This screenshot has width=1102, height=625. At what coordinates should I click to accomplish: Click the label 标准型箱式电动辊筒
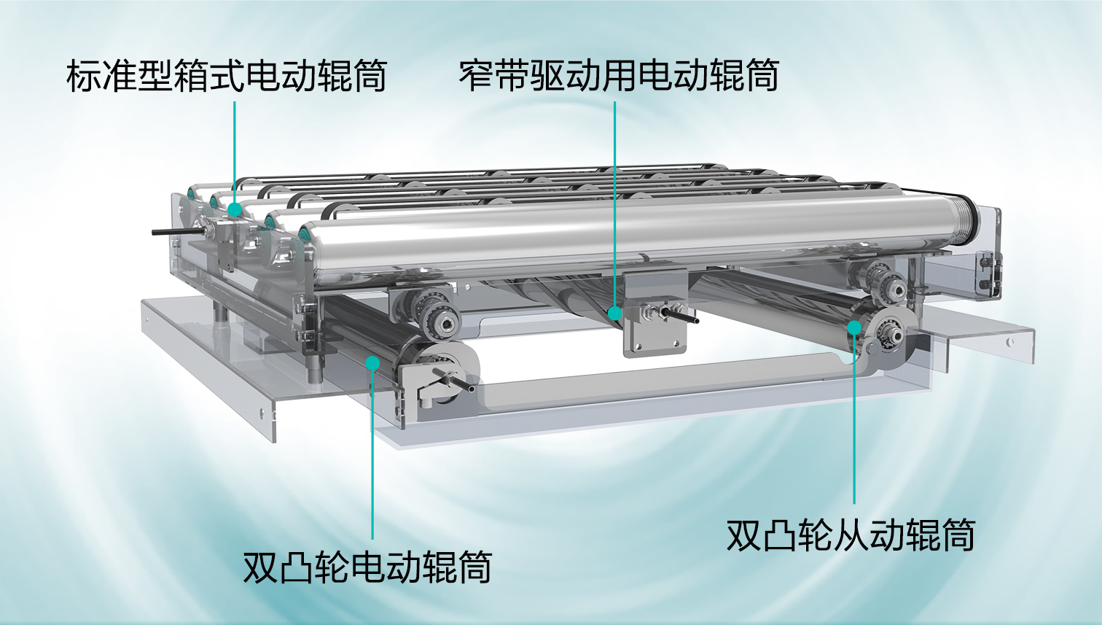click(226, 76)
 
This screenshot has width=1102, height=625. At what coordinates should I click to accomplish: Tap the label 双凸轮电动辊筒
click(367, 567)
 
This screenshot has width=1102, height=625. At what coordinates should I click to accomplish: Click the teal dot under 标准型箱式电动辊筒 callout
click(235, 209)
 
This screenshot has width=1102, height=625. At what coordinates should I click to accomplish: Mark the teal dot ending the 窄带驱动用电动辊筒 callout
click(614, 313)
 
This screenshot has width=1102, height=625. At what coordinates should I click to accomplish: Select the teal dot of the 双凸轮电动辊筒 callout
click(373, 363)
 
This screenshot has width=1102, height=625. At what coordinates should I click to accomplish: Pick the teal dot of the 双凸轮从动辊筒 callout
click(854, 327)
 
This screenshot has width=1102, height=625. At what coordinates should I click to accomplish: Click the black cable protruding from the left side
click(177, 230)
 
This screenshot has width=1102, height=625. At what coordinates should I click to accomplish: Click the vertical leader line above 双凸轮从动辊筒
click(854, 419)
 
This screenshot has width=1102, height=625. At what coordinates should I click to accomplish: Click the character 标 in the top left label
click(84, 76)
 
